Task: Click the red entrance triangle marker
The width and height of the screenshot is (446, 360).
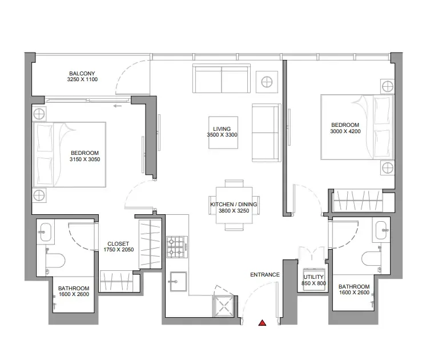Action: point(262,323)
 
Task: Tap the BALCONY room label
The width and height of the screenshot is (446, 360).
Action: point(82,73)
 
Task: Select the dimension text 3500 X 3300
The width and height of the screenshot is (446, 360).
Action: point(222,135)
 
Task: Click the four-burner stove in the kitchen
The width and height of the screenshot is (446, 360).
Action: point(177,247)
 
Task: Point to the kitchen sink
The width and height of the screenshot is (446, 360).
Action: point(178,282)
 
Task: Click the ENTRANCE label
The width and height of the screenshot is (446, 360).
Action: point(265,275)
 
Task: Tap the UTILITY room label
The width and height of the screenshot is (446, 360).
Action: point(314,277)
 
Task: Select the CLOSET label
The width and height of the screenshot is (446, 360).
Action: point(118,244)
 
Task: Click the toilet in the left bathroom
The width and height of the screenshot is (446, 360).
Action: point(55,261)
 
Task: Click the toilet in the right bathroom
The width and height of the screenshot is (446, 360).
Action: point(372,259)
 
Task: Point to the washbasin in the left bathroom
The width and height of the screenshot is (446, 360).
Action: point(45,232)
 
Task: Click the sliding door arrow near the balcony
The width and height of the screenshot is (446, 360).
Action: point(117,106)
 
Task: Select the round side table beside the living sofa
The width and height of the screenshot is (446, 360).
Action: point(267,82)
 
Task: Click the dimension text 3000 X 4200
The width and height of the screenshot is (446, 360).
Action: point(345,131)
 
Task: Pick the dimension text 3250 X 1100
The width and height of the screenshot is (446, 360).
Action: point(82,79)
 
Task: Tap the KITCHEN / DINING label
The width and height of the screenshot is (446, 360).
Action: point(234,205)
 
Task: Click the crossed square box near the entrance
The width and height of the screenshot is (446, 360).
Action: point(223,306)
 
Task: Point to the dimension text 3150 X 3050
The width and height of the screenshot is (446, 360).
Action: point(85,159)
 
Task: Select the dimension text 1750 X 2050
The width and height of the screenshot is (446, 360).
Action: point(118,250)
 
